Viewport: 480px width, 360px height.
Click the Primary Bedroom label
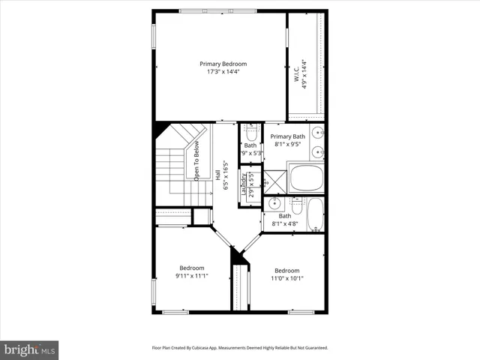tap(223, 64)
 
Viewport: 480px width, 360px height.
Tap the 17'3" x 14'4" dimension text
tap(223, 73)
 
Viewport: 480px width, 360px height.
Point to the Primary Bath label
tap(288, 136)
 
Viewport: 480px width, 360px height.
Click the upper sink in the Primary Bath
tap(317, 134)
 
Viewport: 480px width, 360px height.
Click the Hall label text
tap(218, 172)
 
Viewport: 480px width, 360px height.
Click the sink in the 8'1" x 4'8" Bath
tap(275, 202)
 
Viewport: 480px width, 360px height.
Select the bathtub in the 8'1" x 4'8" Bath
tap(314, 214)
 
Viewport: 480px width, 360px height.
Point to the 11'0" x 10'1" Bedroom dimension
tap(286, 279)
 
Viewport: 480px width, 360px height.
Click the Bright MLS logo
tap(30, 349)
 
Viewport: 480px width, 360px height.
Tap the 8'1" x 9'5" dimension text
tap(288, 145)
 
